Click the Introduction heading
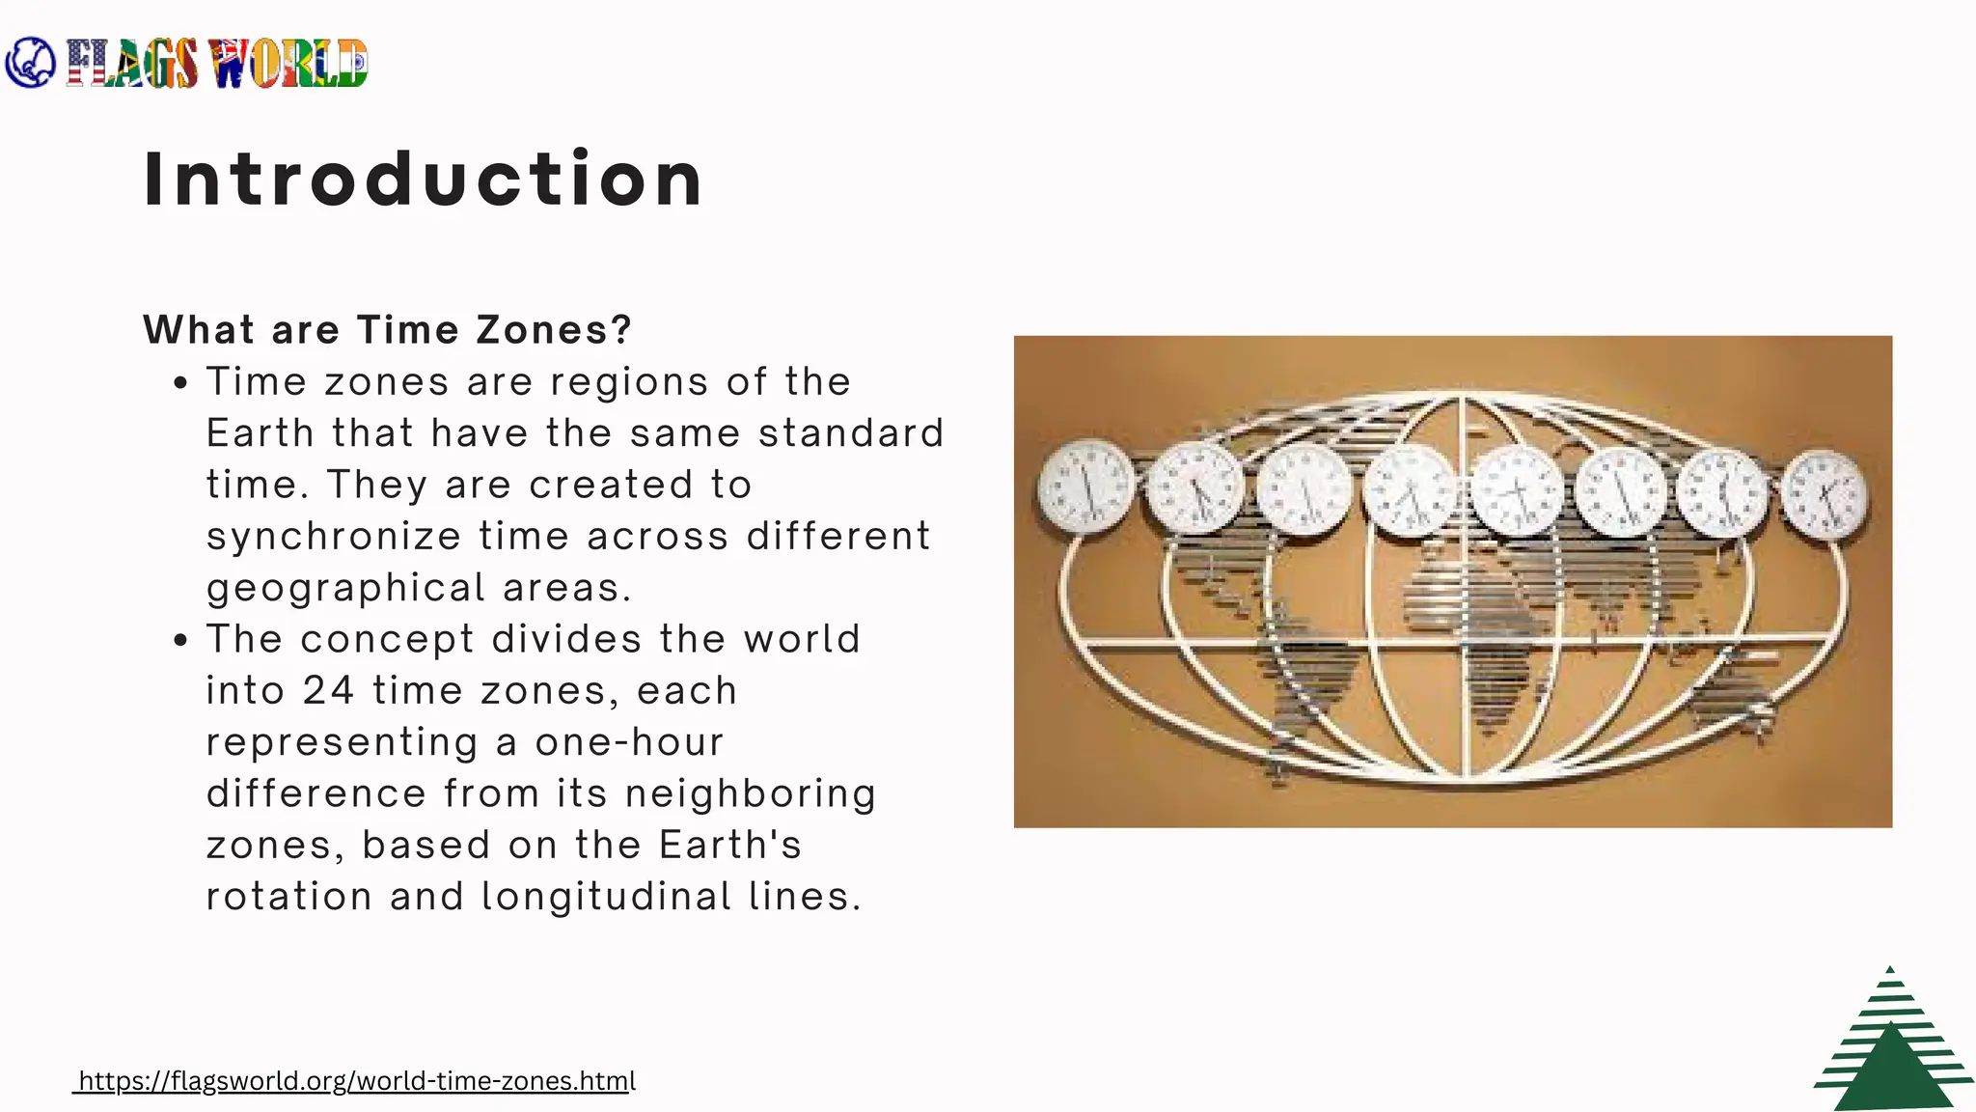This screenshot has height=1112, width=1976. tap(423, 180)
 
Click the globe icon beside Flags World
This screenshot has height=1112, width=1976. tap(30, 63)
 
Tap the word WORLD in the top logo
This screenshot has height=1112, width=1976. tap(289, 65)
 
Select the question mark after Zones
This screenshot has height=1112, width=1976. tap(621, 330)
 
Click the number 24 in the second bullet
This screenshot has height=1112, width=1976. tap(328, 691)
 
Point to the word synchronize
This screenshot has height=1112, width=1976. tap(334, 537)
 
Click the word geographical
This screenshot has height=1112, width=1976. tap(345, 588)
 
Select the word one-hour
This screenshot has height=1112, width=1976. tap(629, 742)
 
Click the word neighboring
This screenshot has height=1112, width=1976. tap(751, 793)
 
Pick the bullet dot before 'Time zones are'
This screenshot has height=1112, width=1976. tap(180, 383)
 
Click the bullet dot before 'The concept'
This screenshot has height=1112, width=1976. tap(180, 640)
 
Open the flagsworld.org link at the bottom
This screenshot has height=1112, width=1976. tap(356, 1081)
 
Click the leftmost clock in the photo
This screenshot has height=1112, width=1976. tap(1085, 486)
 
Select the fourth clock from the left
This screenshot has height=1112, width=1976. tap(1410, 491)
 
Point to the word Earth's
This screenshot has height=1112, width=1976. tap(730, 846)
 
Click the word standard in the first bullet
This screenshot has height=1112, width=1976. tap(851, 433)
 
